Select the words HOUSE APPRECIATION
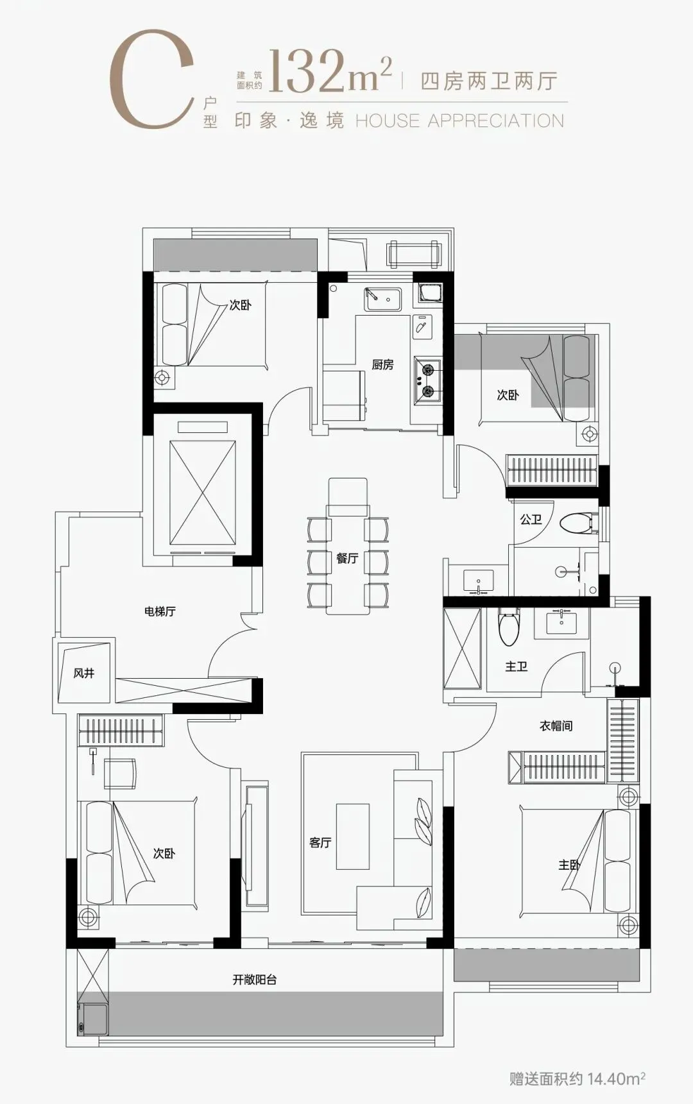pos(459,121)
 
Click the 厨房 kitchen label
pos(382,364)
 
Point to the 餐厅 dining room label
pos(347,558)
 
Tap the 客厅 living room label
pos(320,842)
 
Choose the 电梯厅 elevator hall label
pos(160,611)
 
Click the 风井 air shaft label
pos(84,673)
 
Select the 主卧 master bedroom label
pos(569,865)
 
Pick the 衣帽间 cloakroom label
pos(556,726)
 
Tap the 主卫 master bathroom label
pos(516,667)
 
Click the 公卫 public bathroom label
pos(531,519)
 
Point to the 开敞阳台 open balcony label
pos(255,980)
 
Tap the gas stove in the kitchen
pos(427,380)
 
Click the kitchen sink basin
pos(382,300)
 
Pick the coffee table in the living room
pos(353,836)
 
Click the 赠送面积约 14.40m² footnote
pos(577,1078)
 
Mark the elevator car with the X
pos(203,493)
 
